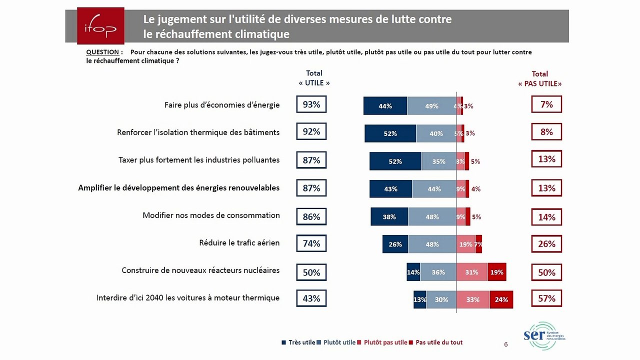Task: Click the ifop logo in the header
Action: click(x=101, y=26)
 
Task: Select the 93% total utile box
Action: click(x=311, y=104)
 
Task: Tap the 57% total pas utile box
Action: click(x=546, y=298)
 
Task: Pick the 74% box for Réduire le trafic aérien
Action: click(x=311, y=243)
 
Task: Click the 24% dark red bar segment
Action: click(x=501, y=299)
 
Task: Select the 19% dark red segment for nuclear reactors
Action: click(x=496, y=272)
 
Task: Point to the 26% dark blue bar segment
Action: click(x=395, y=244)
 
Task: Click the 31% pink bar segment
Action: click(x=471, y=272)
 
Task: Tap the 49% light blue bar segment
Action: click(x=431, y=106)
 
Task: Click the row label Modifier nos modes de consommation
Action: click(x=211, y=215)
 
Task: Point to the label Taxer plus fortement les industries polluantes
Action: click(x=199, y=160)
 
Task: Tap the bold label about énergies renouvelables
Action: click(x=178, y=188)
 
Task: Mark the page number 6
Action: click(x=505, y=344)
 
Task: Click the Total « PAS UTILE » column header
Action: click(x=539, y=79)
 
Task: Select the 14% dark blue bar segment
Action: click(x=413, y=272)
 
